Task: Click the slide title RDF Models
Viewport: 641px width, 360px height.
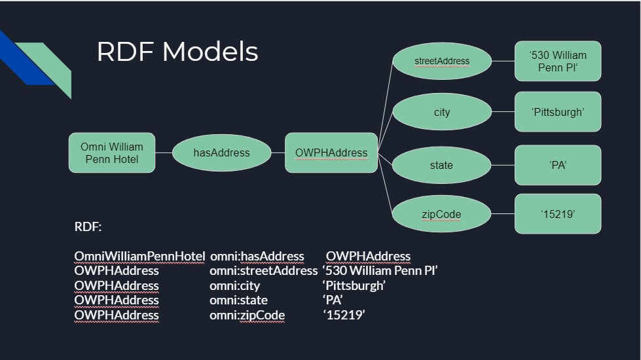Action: [177, 52]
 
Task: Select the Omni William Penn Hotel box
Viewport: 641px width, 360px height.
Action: [112, 153]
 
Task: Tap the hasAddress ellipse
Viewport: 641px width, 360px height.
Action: [221, 153]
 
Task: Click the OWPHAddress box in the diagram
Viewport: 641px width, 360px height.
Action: [331, 153]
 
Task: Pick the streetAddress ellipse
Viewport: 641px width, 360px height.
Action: [442, 62]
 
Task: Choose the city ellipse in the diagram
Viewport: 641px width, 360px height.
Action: [442, 113]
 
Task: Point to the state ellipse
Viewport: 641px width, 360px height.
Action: [441, 166]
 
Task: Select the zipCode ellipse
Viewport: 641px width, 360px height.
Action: [441, 214]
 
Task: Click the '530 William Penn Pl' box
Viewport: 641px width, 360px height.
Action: [558, 62]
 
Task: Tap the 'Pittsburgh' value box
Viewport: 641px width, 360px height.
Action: [558, 112]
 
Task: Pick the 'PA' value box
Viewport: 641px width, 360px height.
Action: [558, 166]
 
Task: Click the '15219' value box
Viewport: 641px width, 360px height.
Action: [558, 214]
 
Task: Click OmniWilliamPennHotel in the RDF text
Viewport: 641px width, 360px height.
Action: [139, 256]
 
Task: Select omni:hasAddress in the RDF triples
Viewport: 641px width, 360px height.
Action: [257, 256]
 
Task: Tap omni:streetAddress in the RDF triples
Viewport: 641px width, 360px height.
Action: [263, 270]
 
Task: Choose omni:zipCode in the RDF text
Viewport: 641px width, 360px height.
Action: [247, 315]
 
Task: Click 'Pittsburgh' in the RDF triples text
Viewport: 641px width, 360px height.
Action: [354, 285]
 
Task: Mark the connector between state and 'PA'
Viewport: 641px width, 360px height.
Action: [503, 166]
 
